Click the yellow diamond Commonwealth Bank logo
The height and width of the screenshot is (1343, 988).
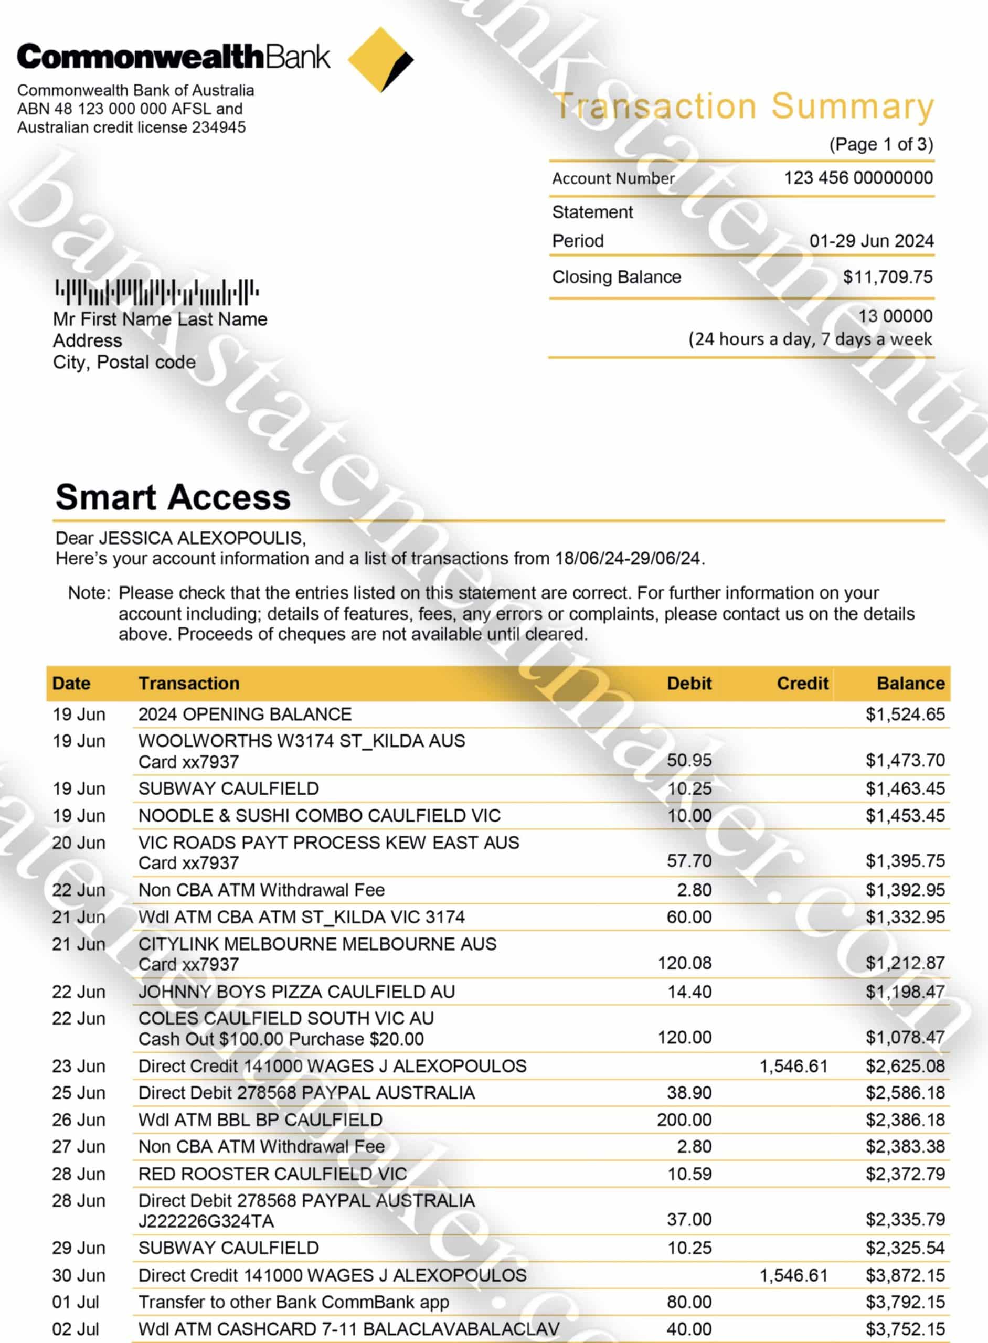pos(380,59)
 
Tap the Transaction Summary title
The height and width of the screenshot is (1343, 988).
pos(743,107)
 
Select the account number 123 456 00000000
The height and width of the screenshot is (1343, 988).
pos(858,178)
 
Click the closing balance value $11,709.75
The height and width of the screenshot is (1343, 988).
pos(888,277)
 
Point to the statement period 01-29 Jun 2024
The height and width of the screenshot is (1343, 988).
pos(872,240)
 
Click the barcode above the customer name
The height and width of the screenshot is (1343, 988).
pos(157,292)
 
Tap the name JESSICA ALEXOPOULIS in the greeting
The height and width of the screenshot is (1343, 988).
pos(201,538)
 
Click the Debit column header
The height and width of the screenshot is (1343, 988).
pos(689,684)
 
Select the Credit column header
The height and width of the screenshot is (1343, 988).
pos(802,684)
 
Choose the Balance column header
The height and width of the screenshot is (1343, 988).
pos(910,684)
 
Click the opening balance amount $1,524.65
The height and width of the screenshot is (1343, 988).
pos(905,714)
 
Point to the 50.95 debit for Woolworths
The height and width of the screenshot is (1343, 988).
pos(689,760)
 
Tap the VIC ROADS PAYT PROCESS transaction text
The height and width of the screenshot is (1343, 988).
pos(328,843)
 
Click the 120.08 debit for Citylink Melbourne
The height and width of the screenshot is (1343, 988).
pos(684,963)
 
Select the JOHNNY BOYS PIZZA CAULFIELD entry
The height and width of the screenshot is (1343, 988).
pos(296,992)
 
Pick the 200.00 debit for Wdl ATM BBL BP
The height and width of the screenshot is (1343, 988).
pos(684,1120)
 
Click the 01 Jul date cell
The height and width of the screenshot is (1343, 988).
pos(76,1302)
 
